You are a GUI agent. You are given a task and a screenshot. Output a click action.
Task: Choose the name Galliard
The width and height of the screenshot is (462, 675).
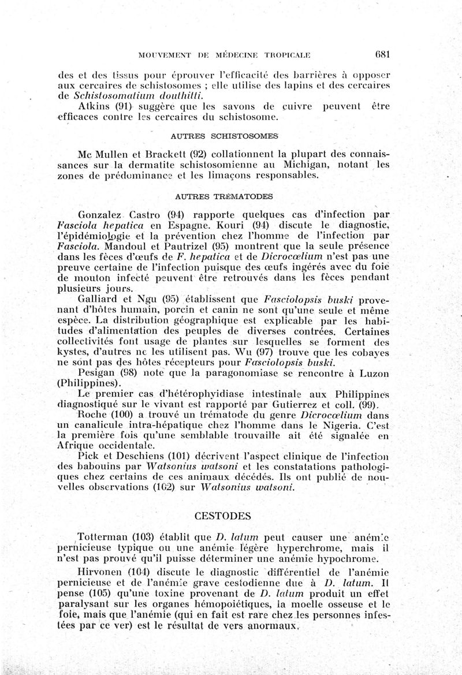tap(98, 300)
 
